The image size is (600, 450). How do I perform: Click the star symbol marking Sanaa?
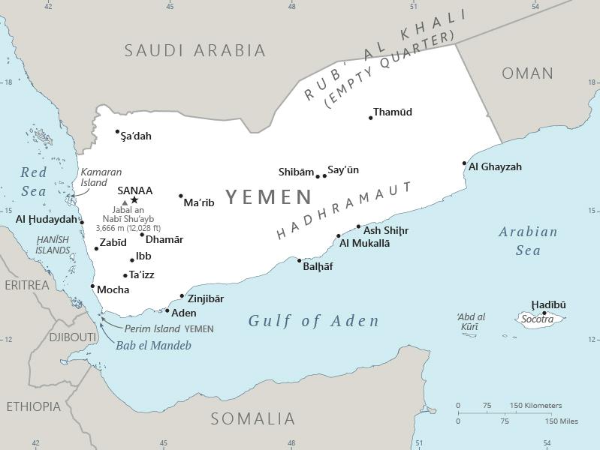134,199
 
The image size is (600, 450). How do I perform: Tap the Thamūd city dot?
371,118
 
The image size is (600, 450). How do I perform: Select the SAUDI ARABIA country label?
195,50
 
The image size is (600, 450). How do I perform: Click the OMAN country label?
527,73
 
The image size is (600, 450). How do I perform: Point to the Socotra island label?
538,319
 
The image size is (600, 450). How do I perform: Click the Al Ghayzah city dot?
464,163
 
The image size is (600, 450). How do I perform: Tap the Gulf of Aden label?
314,321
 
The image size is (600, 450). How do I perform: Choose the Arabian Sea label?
528,241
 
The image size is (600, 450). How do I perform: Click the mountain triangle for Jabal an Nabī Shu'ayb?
125,202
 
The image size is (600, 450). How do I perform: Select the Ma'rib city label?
199,202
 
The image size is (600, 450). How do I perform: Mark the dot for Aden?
167,310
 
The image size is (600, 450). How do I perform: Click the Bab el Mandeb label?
153,346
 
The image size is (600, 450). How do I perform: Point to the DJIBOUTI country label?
73,337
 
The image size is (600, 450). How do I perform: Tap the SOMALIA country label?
252,418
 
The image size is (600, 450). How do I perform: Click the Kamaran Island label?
101,177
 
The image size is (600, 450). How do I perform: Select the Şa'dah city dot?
118,132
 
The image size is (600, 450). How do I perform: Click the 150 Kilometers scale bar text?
535,406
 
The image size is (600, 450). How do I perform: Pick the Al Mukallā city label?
364,243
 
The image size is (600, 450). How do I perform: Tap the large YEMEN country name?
269,197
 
